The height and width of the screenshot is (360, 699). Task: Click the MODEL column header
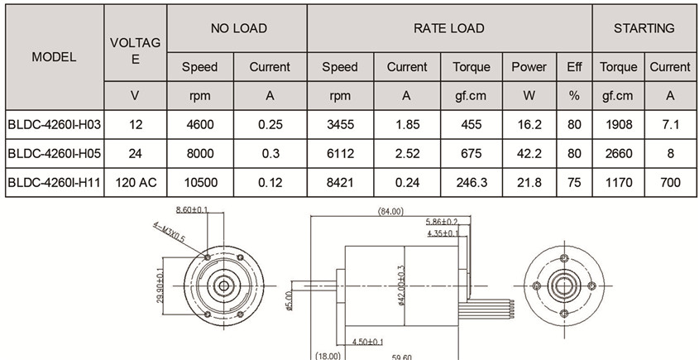54,57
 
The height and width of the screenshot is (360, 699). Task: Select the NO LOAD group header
238,28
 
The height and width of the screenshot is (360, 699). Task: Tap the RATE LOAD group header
448,28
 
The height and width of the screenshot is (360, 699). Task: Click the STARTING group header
644,28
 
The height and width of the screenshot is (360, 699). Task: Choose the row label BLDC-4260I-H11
54,182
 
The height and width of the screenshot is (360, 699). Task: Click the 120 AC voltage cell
135,182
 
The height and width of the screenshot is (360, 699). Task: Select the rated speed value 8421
340,182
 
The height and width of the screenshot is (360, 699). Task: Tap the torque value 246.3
472,182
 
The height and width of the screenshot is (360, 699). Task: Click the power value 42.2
529,153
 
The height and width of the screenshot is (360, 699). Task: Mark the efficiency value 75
574,182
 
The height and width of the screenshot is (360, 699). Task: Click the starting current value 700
669,182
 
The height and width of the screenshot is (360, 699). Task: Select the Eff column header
574,67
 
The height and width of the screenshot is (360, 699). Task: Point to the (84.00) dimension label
390,212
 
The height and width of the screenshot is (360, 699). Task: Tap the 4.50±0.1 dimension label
366,341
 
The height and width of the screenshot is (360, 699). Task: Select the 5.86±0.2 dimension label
442,223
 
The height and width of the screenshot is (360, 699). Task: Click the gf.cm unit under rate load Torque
472,95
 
